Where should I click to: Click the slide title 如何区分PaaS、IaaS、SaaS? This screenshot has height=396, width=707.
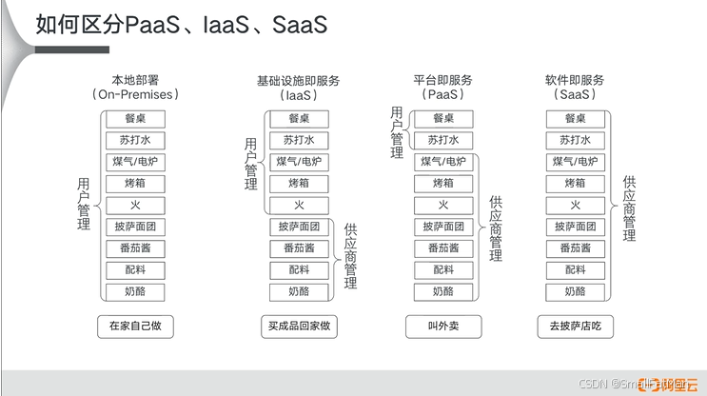click(x=181, y=25)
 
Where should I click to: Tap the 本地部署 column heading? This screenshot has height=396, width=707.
click(x=136, y=80)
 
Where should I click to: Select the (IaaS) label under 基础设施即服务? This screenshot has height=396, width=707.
click(x=298, y=95)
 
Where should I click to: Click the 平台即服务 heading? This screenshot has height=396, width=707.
click(x=442, y=80)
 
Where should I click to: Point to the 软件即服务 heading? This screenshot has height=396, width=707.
click(x=574, y=80)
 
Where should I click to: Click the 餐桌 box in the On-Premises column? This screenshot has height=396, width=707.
click(x=136, y=119)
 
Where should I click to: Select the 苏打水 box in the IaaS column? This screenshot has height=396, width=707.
click(x=298, y=140)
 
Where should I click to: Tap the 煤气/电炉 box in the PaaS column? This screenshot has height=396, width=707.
click(x=443, y=162)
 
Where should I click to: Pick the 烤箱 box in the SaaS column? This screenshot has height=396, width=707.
click(x=575, y=184)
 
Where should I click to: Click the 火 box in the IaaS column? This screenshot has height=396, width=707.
click(x=298, y=206)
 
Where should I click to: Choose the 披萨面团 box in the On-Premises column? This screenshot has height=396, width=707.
click(x=136, y=228)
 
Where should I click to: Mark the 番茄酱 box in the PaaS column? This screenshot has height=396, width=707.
click(x=443, y=248)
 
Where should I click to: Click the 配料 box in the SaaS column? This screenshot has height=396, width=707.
click(x=575, y=270)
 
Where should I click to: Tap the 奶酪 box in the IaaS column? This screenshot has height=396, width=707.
click(x=298, y=291)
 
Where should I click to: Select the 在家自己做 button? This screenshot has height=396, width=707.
click(x=136, y=326)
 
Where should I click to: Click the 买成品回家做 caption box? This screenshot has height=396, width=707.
click(x=298, y=326)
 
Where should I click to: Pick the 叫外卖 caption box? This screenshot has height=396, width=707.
click(x=443, y=326)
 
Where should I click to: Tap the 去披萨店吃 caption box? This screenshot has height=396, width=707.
click(x=575, y=326)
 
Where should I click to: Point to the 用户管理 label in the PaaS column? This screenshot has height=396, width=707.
click(x=397, y=130)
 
